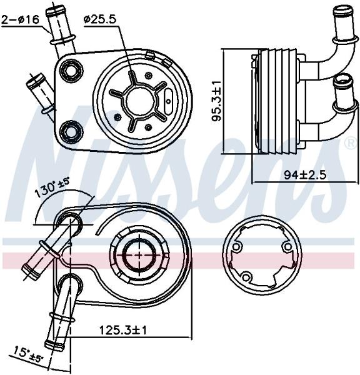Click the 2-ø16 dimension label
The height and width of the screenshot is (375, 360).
coord(20,19)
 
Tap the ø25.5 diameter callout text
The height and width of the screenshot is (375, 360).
coord(100,19)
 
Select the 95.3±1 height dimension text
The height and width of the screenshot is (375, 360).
coord(217,101)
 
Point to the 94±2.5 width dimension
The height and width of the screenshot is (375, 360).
coord(305,175)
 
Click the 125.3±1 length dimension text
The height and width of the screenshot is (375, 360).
coord(122,331)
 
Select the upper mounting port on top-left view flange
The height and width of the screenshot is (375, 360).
coord(71,69)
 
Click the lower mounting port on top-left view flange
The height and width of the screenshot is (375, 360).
coord(71,131)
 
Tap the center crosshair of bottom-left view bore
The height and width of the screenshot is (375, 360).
coord(140,255)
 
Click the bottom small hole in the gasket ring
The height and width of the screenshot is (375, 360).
coord(246,277)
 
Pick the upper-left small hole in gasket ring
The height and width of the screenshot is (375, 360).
coord(236,247)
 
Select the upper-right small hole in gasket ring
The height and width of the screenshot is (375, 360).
coord(287,246)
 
